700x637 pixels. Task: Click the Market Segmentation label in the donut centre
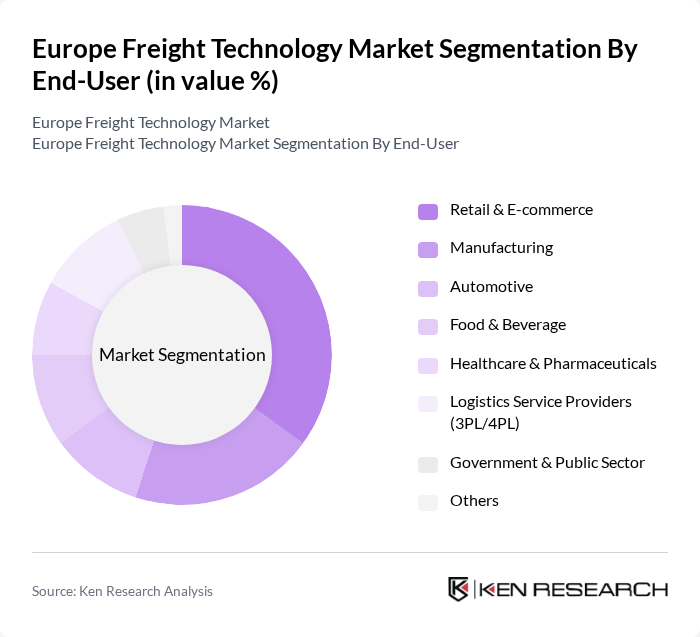click(x=182, y=355)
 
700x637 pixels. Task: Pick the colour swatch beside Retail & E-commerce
click(x=428, y=211)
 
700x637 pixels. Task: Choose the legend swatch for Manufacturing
click(x=428, y=249)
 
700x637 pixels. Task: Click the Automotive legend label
click(x=491, y=287)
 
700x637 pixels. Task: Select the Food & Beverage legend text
click(x=507, y=325)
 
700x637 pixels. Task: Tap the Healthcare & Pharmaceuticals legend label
click(x=553, y=363)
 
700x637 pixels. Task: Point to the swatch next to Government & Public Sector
click(x=428, y=464)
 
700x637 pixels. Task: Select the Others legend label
click(x=474, y=501)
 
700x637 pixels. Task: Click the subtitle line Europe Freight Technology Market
click(x=150, y=123)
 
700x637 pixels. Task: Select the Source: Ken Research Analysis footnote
click(x=122, y=591)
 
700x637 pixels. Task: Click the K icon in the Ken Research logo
click(x=459, y=589)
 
